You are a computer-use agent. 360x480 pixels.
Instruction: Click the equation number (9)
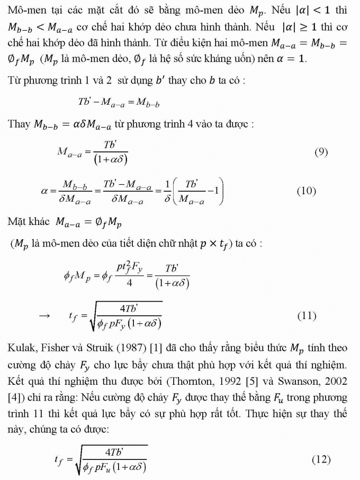(321, 152)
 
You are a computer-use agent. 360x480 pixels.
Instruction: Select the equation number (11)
(306, 316)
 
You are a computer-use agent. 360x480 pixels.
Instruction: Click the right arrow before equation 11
(45, 316)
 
